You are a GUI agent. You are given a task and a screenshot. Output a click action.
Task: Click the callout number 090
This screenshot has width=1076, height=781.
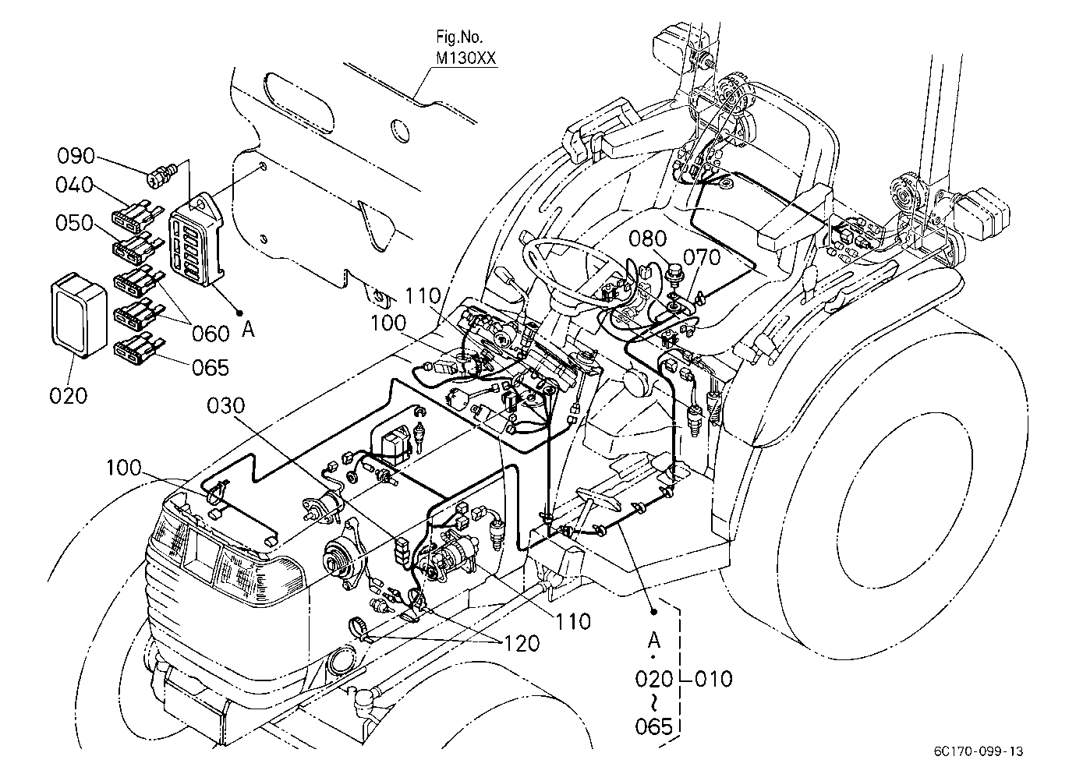(x=76, y=156)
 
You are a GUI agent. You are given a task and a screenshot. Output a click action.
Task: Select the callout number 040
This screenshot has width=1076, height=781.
(x=74, y=185)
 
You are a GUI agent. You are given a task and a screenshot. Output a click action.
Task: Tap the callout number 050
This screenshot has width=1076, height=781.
(x=74, y=223)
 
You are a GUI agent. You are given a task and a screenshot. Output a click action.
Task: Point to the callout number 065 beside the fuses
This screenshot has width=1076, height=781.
(x=211, y=368)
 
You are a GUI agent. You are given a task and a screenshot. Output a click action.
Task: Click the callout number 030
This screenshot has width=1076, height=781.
(x=225, y=406)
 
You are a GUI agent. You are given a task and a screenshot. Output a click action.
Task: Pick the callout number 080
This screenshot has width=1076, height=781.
(x=648, y=239)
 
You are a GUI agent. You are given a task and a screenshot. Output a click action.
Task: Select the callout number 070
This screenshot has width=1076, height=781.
(x=702, y=257)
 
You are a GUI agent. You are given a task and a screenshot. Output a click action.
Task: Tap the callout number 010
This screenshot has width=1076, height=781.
(x=713, y=679)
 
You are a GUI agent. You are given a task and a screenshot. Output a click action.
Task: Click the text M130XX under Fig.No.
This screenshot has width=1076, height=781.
(x=465, y=58)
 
